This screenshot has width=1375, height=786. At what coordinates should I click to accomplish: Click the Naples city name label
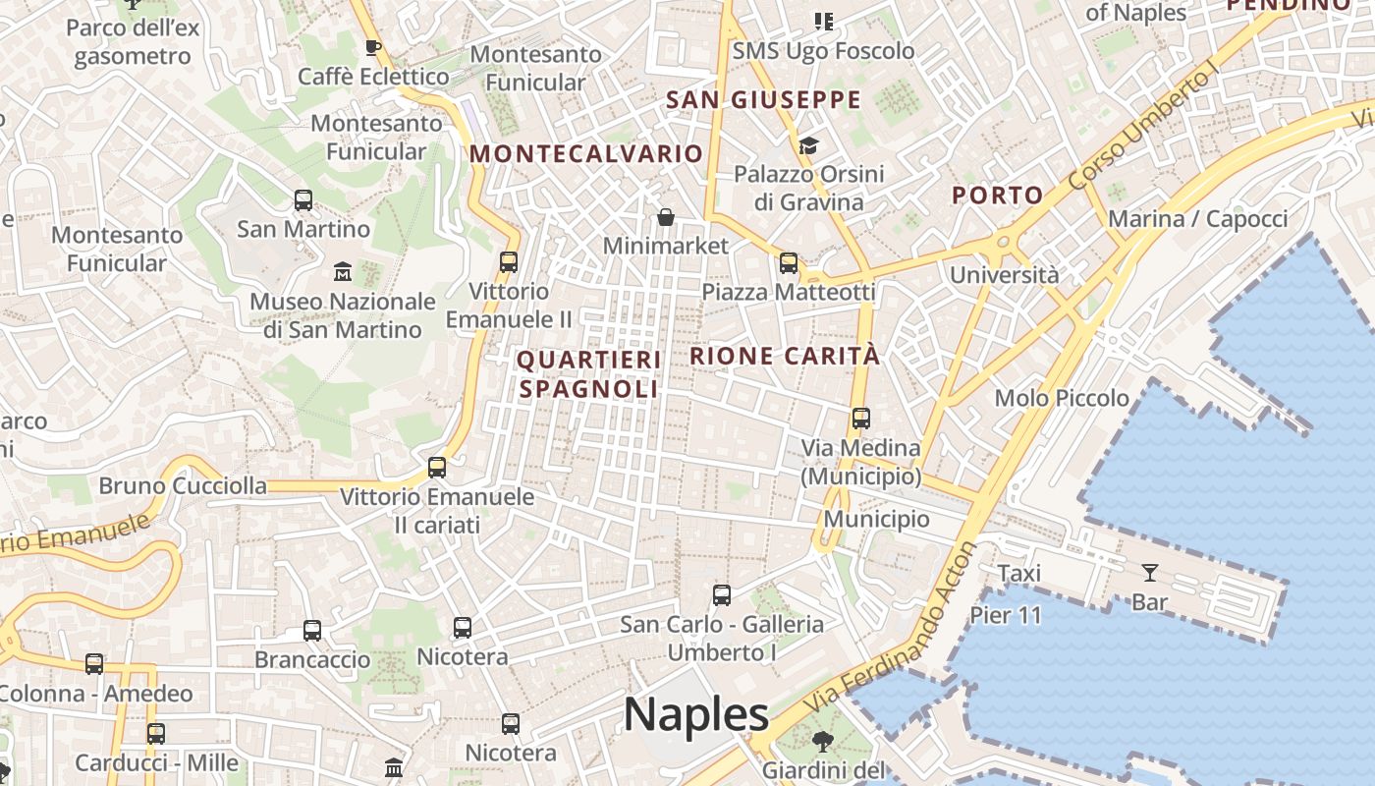[696, 714]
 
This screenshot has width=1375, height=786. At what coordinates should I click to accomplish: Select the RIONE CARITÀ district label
[785, 356]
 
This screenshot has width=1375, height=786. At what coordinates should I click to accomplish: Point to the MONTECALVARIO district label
[586, 154]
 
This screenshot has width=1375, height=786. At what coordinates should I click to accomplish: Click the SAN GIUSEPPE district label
[763, 100]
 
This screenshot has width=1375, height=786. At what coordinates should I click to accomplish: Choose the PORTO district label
[997, 195]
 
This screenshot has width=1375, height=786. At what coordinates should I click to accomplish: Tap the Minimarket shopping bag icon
[666, 217]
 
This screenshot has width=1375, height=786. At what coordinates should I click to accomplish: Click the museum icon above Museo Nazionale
[343, 270]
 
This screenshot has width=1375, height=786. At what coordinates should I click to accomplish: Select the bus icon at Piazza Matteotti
[788, 262]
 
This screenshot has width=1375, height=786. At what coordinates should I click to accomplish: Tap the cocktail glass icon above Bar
[1149, 572]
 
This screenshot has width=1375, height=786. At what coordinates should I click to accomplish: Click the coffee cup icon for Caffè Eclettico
[372, 46]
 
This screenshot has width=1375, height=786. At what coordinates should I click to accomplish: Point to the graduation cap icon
[808, 145]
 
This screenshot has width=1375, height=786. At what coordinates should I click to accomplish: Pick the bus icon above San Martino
[303, 200]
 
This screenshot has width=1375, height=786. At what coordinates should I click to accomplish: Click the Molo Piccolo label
[1062, 398]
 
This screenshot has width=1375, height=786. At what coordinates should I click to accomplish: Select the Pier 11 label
[1006, 615]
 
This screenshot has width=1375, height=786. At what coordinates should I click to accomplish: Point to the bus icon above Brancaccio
[312, 631]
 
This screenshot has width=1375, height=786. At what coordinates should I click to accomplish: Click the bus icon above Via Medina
[861, 419]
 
